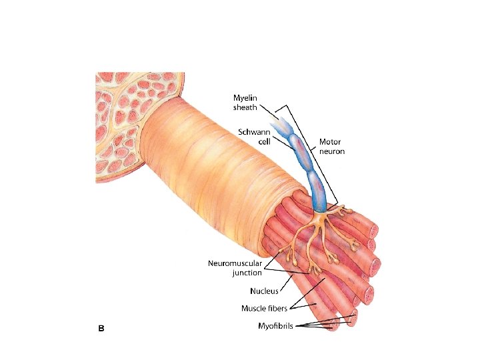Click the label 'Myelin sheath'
coord(245,102)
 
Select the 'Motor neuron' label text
coord(331,146)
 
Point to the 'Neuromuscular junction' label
coord(235,267)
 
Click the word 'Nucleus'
coord(264,291)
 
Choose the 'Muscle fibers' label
coord(264,308)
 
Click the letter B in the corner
coord(101,328)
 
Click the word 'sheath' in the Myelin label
coord(245,107)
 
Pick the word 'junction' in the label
coord(247,272)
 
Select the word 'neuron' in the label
coord(331,151)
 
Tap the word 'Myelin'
coord(245,97)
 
